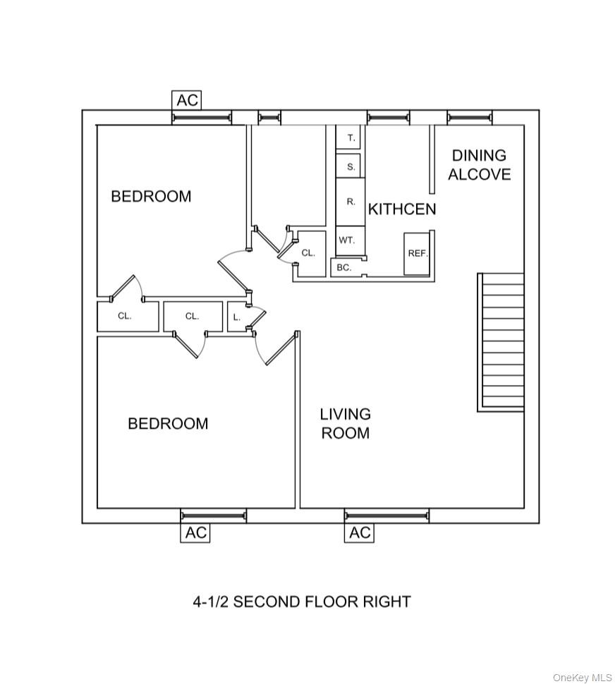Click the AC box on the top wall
tap(187, 100)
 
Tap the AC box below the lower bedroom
tap(195, 532)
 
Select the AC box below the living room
tap(360, 532)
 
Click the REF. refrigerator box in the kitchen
tap(418, 253)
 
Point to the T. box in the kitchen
tap(351, 138)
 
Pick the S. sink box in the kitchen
tap(351, 166)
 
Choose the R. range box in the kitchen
tap(351, 202)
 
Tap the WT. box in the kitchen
tap(347, 240)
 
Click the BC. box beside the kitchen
tap(344, 267)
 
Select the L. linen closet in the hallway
tap(237, 317)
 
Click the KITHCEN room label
tap(402, 209)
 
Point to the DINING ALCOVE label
tap(479, 165)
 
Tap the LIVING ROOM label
tap(345, 423)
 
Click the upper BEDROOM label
tap(151, 196)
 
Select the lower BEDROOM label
tap(168, 423)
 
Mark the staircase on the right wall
tap(501, 341)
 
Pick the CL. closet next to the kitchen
tap(308, 252)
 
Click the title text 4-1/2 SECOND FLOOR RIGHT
tap(302, 601)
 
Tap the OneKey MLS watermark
tap(582, 677)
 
